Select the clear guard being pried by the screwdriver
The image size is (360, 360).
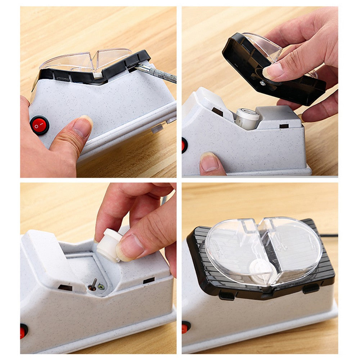point(86,59)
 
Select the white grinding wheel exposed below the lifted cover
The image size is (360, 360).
point(247,118)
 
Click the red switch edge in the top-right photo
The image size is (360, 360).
point(184,145)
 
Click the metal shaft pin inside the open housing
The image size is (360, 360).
point(93,284)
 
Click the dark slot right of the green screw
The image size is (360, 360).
point(148,280)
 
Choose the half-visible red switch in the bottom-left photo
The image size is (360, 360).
point(24,331)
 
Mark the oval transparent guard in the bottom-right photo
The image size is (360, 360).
point(263,248)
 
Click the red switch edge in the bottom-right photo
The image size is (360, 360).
point(185,327)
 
